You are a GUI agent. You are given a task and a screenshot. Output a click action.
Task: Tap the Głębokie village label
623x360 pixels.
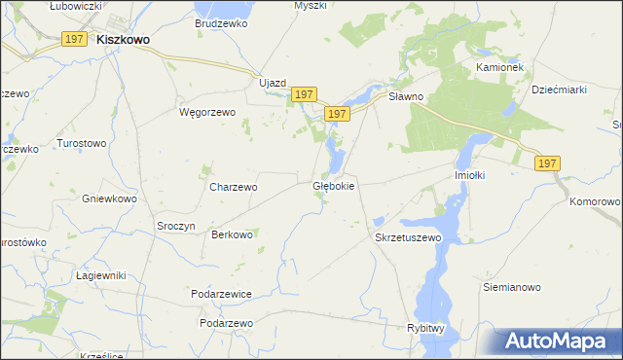[334, 185]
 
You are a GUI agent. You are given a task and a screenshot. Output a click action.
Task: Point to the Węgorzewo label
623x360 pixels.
[207, 112]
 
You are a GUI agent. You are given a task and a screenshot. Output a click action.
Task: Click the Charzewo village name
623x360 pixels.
[234, 187]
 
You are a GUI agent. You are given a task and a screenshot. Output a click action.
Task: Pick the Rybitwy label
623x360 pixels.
[425, 329]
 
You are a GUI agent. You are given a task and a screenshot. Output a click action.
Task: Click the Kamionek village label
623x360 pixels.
[500, 67]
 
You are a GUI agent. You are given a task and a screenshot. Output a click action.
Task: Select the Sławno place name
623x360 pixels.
[406, 97]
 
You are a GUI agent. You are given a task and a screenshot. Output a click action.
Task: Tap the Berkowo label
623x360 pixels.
[233, 234]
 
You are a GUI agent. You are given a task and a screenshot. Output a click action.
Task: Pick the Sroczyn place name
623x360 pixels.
[177, 225]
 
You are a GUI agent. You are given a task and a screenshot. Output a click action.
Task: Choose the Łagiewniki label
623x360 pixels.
[101, 275]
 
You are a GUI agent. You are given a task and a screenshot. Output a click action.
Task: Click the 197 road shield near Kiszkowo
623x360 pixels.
[74, 38]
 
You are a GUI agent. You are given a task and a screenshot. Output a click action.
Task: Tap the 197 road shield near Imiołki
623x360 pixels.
[546, 164]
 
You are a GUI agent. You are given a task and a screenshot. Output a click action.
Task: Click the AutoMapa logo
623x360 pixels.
[561, 342]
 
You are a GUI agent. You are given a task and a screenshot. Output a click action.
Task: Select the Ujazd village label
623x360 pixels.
[272, 83]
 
